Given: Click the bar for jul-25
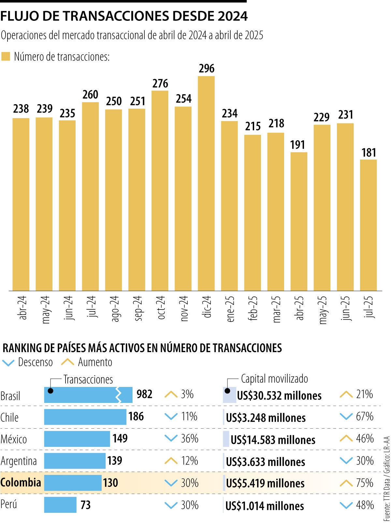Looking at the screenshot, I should point(368,225).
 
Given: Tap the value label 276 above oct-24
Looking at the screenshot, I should point(160,84).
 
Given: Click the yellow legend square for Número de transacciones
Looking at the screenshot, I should point(6,56).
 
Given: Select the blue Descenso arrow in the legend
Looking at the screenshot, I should point(8,363).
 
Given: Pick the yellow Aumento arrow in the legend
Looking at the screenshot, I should point(68,362).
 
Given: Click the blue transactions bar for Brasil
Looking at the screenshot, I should point(81,395).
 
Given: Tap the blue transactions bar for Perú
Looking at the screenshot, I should point(60,505).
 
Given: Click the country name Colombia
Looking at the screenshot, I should point(21,482).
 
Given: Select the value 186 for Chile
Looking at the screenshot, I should point(136,416).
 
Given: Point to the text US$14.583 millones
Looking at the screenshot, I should point(273,440).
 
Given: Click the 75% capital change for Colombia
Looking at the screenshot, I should point(365,483).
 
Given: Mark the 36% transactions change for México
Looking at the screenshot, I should point(190,439).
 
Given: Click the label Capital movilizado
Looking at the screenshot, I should point(274,379).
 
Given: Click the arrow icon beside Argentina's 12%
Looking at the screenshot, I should point(171,461).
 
